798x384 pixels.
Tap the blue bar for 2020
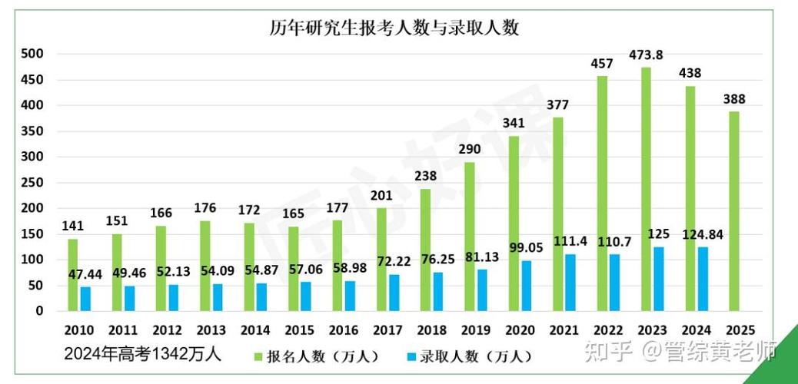[527, 286]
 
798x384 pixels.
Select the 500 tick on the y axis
[32, 54]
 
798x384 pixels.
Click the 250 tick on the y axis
[32, 183]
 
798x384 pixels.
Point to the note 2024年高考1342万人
[142, 354]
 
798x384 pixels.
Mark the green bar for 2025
[735, 211]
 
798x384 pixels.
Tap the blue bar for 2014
[262, 297]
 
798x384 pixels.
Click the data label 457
[602, 63]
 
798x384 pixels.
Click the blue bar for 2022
[615, 283]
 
